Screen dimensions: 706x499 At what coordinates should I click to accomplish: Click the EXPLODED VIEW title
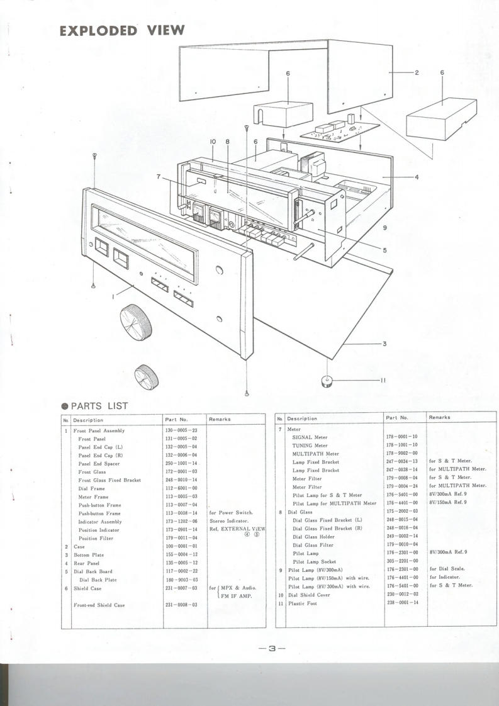[x=122, y=30]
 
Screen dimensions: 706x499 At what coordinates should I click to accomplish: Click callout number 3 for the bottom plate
[x=384, y=344]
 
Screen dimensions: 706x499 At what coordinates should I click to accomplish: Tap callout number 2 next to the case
[x=417, y=73]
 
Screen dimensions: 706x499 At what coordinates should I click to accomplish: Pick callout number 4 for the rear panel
[x=417, y=177]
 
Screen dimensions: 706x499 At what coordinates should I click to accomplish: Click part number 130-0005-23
[x=181, y=430]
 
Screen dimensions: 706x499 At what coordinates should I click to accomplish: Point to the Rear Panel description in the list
[x=87, y=563]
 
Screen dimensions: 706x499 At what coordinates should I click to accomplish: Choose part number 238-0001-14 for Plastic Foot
[x=402, y=603]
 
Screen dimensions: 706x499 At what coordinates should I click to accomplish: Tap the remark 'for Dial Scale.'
[x=447, y=569]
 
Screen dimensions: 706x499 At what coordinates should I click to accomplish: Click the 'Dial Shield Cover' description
[x=309, y=595]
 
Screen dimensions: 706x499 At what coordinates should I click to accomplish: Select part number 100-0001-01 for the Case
[x=181, y=547]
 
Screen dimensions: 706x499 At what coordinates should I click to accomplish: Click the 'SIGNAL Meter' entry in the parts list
[x=315, y=437]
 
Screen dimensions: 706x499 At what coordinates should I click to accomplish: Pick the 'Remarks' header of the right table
[x=439, y=417]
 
